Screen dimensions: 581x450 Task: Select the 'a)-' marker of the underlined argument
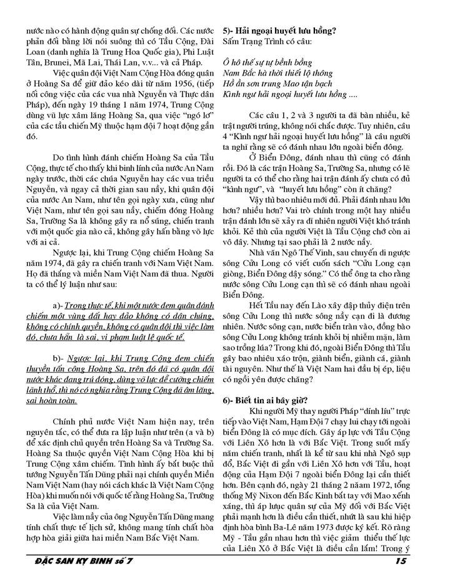(61, 305)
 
